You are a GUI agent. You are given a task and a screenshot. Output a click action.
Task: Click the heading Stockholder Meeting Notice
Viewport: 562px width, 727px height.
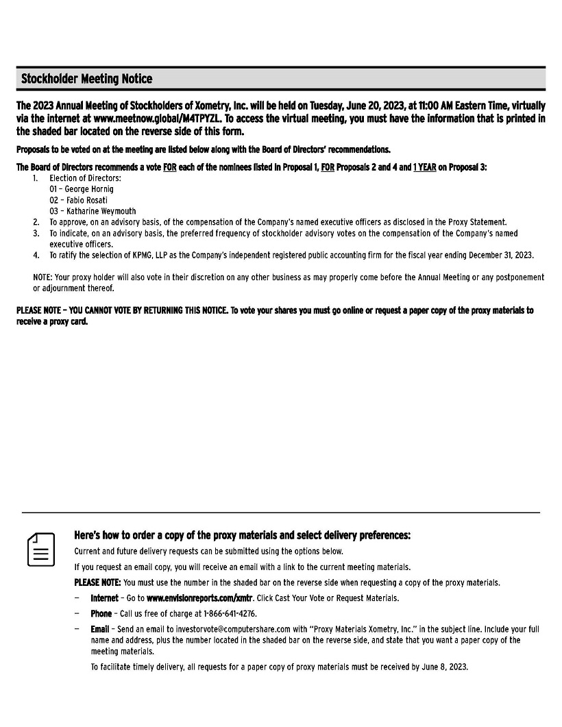86,79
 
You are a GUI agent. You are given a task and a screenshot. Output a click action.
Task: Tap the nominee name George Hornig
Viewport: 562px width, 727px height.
89,188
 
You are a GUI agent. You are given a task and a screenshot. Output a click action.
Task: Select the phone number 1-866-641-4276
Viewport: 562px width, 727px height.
228,613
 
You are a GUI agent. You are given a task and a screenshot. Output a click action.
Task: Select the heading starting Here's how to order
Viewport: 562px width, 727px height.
242,535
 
